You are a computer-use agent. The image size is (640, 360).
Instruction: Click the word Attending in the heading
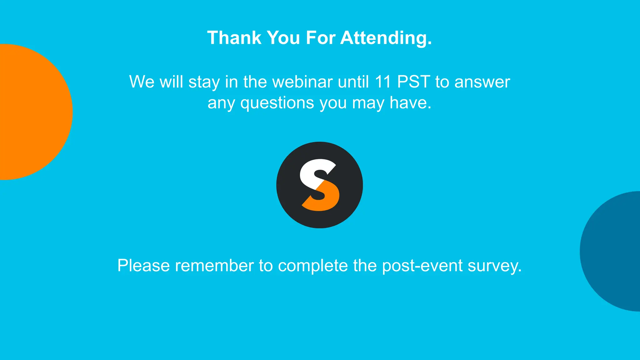coord(386,38)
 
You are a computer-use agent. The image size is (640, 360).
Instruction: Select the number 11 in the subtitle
coord(383,82)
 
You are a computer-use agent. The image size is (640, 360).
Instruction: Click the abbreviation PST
coord(413,82)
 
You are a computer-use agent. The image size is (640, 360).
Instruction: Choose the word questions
coord(277,103)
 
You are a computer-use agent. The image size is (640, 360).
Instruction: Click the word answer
coord(482,82)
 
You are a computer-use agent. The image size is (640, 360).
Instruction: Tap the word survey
coord(494,266)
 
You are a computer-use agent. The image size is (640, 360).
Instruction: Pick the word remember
coord(214,266)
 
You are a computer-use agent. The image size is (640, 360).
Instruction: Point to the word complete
coord(313,266)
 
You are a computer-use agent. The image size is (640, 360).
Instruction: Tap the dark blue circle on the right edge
coord(612,252)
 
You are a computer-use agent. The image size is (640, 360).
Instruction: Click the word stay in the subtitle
coord(204,82)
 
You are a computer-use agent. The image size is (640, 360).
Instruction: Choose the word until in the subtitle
coord(353,82)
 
